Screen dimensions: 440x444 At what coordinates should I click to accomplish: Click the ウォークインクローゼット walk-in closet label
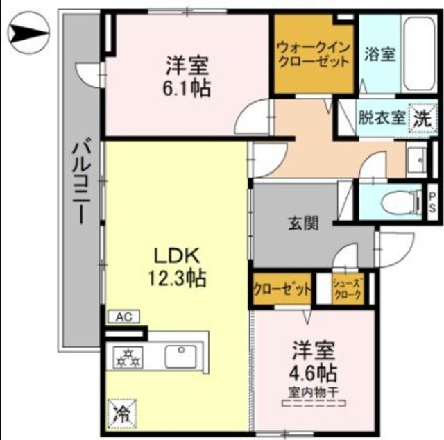pyautogui.click(x=313, y=55)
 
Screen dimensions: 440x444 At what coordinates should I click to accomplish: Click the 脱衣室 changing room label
pyautogui.click(x=381, y=117)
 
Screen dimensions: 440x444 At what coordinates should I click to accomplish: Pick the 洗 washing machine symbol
pyautogui.click(x=421, y=117)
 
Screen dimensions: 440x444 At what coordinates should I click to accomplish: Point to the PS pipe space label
pyautogui.click(x=432, y=201)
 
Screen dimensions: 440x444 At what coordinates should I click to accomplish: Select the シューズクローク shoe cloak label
pyautogui.click(x=347, y=289)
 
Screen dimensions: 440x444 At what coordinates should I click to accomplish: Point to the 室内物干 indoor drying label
pyautogui.click(x=313, y=393)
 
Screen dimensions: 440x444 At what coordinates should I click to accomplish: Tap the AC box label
pyautogui.click(x=123, y=316)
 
